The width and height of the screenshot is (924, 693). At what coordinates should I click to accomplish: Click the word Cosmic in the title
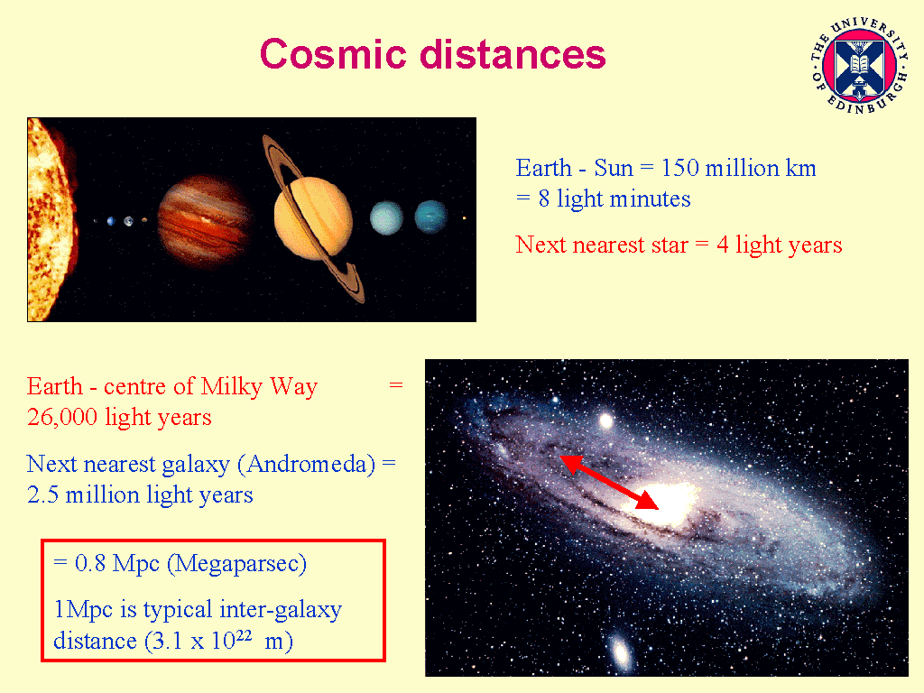coord(333,54)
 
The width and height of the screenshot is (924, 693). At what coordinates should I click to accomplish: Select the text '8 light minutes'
coord(614,199)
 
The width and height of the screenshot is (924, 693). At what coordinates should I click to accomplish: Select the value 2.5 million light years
coord(140,495)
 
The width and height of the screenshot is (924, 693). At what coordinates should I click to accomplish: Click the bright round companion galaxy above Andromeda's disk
coord(605,420)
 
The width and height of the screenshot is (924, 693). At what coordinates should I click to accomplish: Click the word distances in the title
coord(513,54)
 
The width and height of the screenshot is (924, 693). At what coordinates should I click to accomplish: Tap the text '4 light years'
coord(779,245)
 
